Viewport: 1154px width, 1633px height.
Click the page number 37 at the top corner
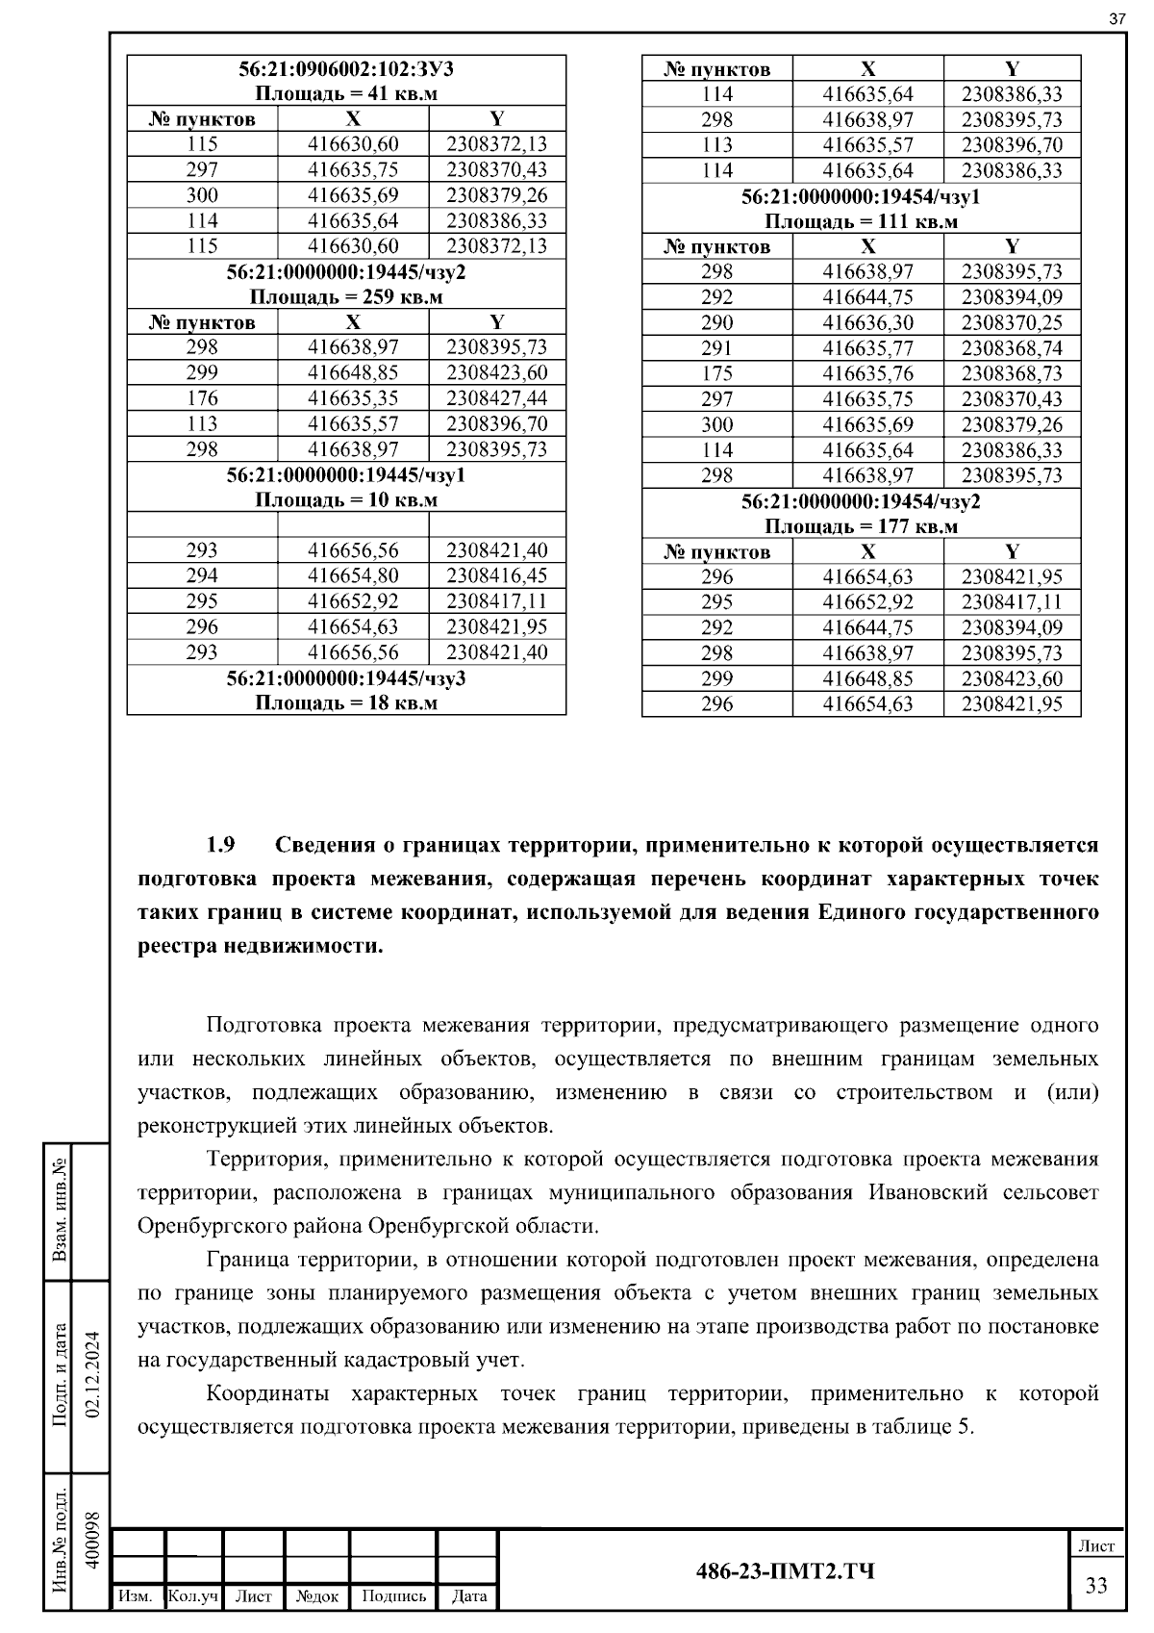pyautogui.click(x=1116, y=18)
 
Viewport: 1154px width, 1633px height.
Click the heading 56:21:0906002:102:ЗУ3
pyautogui.click(x=346, y=68)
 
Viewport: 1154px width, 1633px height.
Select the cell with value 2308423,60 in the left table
pyautogui.click(x=496, y=372)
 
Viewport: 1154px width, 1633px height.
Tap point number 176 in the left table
pyautogui.click(x=202, y=398)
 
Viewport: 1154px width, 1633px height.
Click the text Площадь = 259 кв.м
pyautogui.click(x=346, y=296)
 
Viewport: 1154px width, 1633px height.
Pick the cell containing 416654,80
pyautogui.click(x=353, y=575)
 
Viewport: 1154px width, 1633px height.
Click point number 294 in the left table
pyautogui.click(x=202, y=575)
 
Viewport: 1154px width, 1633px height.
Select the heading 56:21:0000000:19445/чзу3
pyautogui.click(x=346, y=677)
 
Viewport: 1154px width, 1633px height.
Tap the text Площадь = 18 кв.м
pyautogui.click(x=346, y=702)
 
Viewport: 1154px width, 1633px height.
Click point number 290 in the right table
pyautogui.click(x=716, y=322)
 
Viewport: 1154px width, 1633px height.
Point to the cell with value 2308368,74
pyautogui.click(x=1012, y=347)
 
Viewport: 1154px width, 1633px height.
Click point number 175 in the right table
pyautogui.click(x=716, y=373)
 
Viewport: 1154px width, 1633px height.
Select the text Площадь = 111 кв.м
pyautogui.click(x=861, y=221)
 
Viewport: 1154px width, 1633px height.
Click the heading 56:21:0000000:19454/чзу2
pyautogui.click(x=861, y=501)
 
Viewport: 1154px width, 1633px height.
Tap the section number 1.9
pyautogui.click(x=220, y=845)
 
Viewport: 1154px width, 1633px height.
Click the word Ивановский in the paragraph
pyautogui.click(x=928, y=1192)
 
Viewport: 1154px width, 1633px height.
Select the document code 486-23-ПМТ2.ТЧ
pyautogui.click(x=785, y=1571)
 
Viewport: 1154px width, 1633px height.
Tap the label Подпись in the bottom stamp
pyautogui.click(x=393, y=1595)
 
